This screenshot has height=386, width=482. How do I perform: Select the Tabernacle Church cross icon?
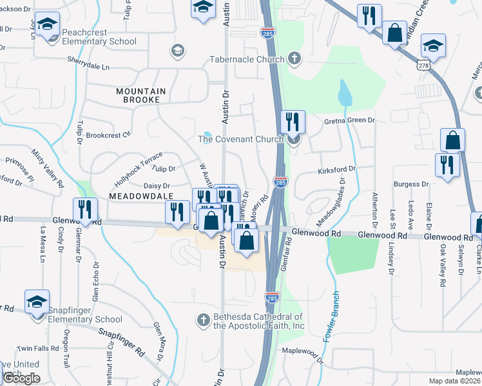(x=294, y=59)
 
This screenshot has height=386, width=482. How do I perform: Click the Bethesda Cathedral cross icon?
(x=203, y=320)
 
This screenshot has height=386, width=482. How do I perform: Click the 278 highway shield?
(x=423, y=65)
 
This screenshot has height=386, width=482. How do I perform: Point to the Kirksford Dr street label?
(x=336, y=169)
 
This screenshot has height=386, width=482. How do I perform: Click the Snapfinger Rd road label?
(x=121, y=342)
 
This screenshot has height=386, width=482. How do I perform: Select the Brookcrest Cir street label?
(x=108, y=135)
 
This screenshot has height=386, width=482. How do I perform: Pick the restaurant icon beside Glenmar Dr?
(x=84, y=209)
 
